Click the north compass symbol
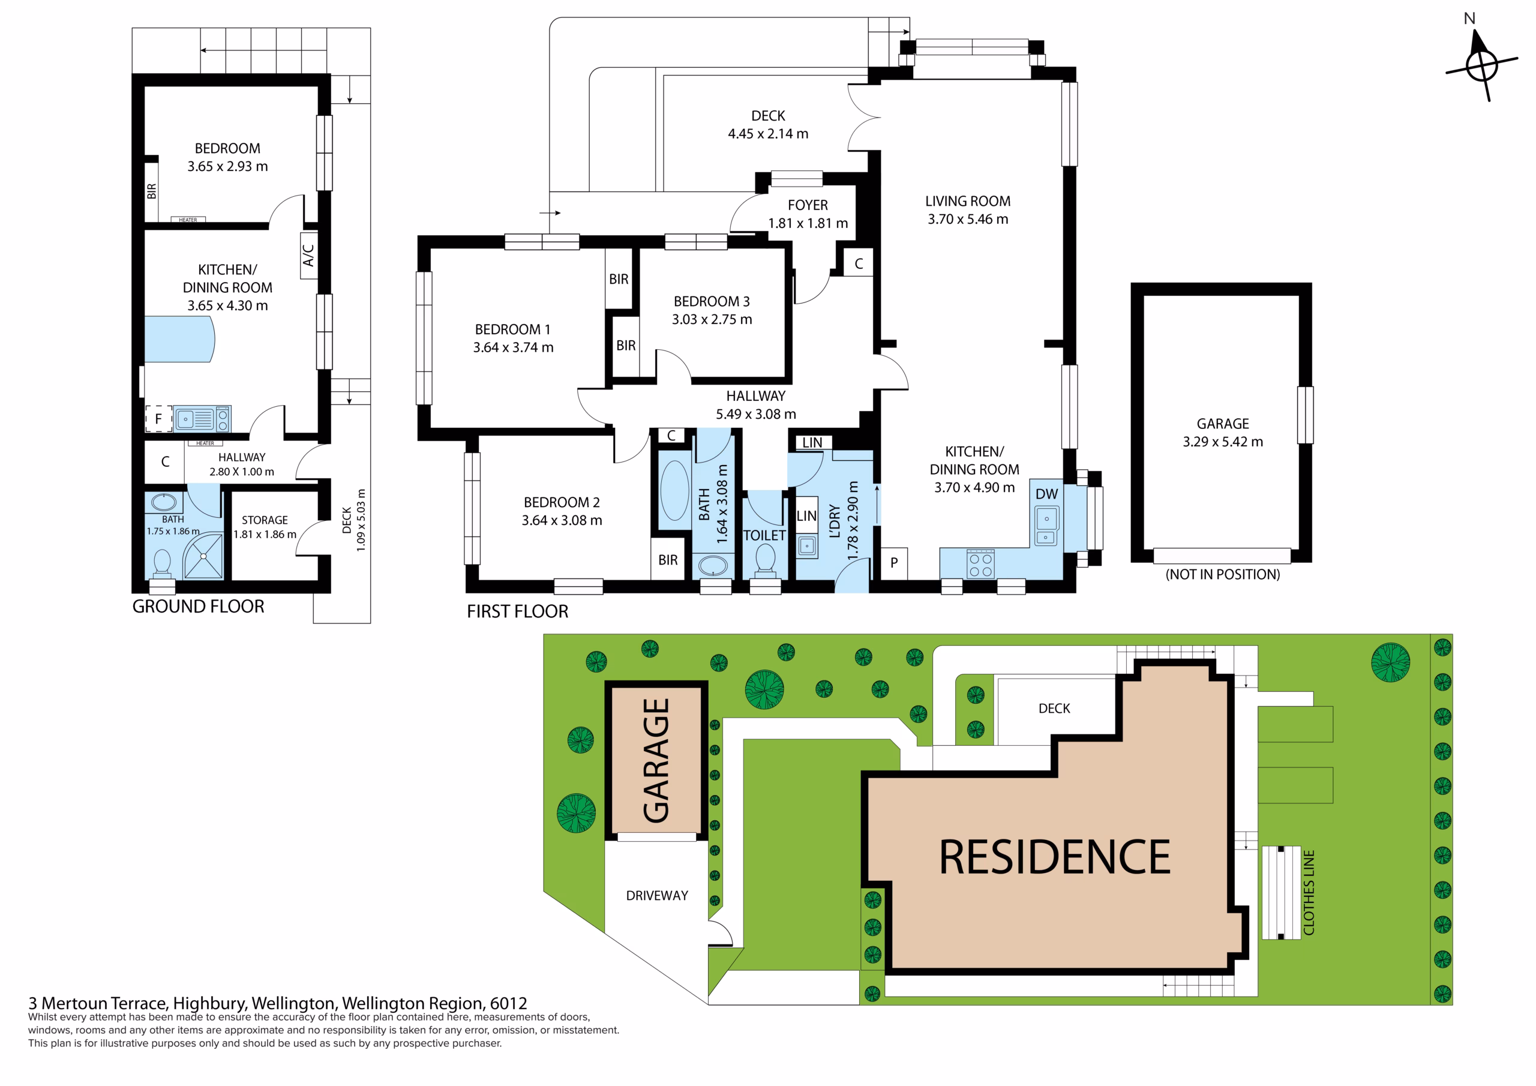click(x=1481, y=64)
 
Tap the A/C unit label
click(x=308, y=255)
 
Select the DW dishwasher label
click(x=1046, y=494)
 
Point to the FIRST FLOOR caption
click(x=517, y=611)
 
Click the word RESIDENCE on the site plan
click(x=1054, y=857)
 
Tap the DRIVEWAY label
click(x=657, y=895)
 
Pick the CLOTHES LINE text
click(x=1309, y=892)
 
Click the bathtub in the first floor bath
click(x=674, y=490)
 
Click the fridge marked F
click(x=158, y=419)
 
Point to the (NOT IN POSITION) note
click(x=1222, y=574)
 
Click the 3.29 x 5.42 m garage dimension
click(x=1222, y=442)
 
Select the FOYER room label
click(x=808, y=205)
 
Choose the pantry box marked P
click(x=894, y=563)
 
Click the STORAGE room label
click(x=265, y=520)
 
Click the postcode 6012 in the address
click(x=508, y=1003)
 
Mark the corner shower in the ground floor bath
click(x=203, y=556)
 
